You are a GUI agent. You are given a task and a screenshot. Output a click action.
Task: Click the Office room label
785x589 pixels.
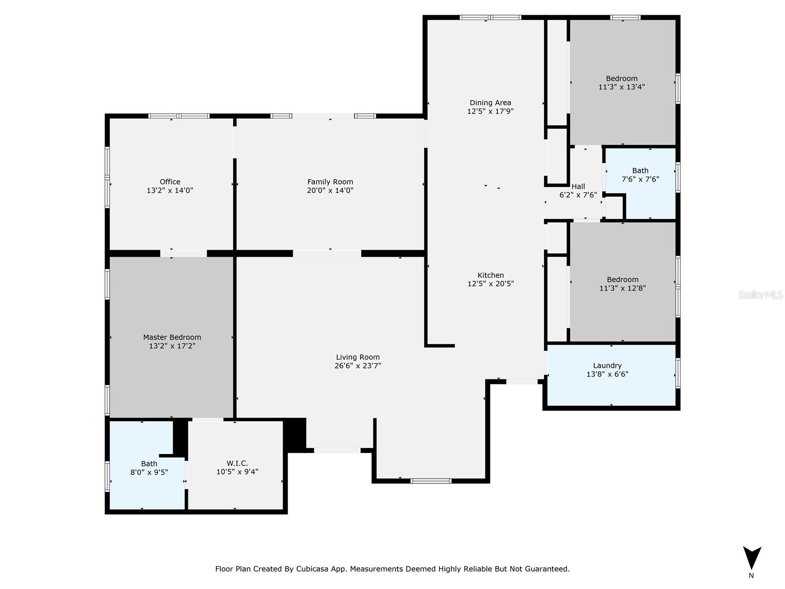170,182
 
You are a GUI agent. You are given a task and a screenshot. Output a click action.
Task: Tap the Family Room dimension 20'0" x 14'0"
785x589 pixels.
330,190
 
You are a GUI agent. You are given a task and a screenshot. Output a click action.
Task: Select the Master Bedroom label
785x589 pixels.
172,337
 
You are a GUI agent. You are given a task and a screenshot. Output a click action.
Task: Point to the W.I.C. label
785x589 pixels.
237,463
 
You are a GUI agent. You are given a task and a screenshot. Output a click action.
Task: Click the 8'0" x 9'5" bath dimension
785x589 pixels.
149,472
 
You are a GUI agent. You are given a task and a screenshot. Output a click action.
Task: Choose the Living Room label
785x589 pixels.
358,357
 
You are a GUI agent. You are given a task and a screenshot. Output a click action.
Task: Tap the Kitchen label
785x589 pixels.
491,275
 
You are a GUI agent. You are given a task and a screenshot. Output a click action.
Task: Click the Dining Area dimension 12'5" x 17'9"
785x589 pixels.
490,111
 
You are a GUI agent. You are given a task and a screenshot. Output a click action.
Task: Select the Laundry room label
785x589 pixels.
607,366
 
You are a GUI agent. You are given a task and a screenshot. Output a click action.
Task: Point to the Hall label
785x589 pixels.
578,187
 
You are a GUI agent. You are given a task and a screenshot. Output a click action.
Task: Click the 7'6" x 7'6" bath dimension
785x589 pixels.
640,179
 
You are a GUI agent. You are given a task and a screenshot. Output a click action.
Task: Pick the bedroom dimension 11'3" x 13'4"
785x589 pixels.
622,87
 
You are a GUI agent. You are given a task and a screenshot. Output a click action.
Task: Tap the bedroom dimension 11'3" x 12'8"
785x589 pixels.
623,288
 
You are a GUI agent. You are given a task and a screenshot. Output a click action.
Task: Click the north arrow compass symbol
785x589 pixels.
752,559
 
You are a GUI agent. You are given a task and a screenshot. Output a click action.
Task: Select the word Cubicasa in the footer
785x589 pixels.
313,569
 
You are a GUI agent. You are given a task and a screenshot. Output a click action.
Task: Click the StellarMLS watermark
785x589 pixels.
760,294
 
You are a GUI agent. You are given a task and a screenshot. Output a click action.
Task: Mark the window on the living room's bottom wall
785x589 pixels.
431,481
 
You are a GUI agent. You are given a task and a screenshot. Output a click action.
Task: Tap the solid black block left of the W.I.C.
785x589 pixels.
180,437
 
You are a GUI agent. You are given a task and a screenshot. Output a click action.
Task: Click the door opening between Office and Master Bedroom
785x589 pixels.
183,253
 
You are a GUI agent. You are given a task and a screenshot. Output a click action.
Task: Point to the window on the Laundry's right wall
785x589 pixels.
678,374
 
